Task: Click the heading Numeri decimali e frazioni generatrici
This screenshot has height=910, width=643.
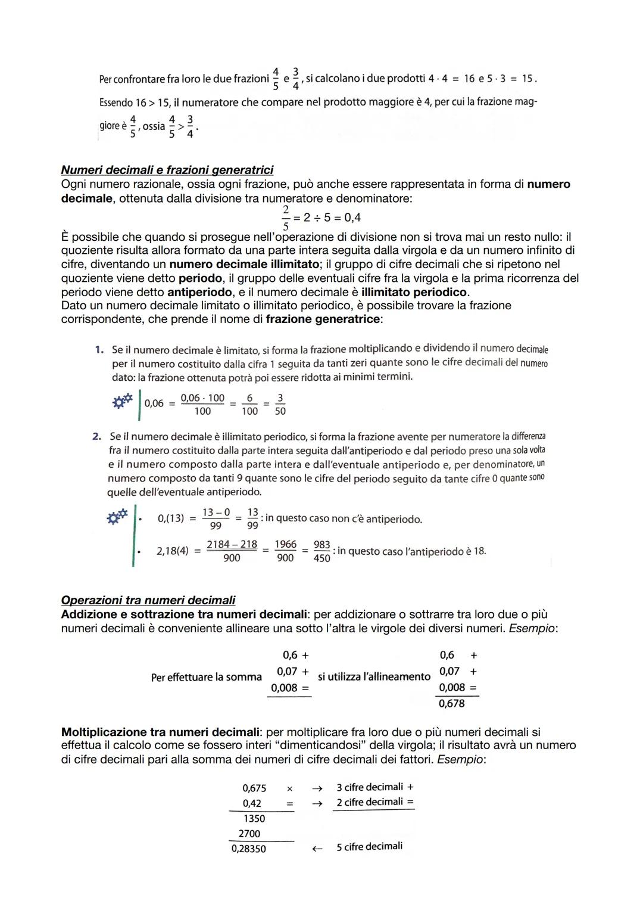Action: [x=167, y=170]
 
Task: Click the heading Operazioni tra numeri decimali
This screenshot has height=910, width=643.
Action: [x=148, y=600]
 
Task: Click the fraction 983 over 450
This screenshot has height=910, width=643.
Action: [x=321, y=551]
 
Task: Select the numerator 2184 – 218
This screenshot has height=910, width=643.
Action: [x=232, y=545]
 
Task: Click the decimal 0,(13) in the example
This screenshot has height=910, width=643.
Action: [x=170, y=518]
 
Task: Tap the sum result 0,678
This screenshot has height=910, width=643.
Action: [x=451, y=704]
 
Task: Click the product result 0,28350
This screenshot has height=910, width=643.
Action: [x=249, y=849]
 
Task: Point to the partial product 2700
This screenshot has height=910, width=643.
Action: [x=249, y=834]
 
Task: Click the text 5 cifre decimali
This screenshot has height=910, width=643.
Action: [x=369, y=847]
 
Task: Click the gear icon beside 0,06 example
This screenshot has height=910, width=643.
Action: [x=122, y=402]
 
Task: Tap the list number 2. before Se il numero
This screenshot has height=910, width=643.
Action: [x=97, y=437]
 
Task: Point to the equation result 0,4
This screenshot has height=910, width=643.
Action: [x=352, y=218]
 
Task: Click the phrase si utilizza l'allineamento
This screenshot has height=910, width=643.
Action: [x=374, y=677]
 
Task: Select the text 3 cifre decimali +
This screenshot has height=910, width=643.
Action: [x=374, y=787]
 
